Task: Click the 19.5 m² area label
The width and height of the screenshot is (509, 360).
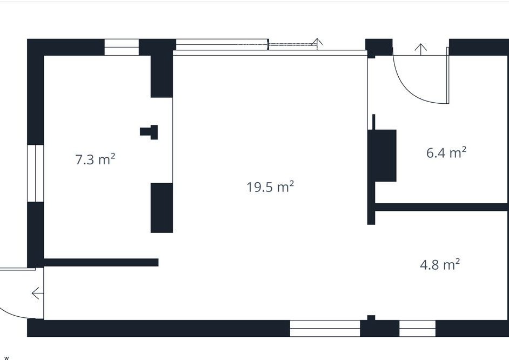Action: click(x=270, y=187)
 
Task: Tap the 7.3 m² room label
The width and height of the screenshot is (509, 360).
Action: click(x=95, y=159)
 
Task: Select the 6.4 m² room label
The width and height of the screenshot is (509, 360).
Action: click(x=446, y=152)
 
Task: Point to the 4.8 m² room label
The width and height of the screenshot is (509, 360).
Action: click(x=440, y=264)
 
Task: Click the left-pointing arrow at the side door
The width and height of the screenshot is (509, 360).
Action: click(x=37, y=293)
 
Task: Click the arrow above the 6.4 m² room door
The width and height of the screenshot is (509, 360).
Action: click(x=421, y=49)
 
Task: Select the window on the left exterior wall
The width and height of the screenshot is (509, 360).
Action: click(x=35, y=173)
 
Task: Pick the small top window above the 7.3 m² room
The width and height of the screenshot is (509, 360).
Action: click(x=122, y=47)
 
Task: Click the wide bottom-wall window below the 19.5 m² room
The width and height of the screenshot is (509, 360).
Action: click(x=325, y=328)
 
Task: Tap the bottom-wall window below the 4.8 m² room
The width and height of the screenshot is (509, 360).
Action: click(x=417, y=328)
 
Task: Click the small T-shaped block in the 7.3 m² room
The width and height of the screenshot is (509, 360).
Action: click(x=149, y=132)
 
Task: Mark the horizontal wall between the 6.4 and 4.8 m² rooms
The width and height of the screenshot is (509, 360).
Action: click(x=442, y=207)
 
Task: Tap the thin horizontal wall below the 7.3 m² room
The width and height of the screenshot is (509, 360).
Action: click(x=101, y=262)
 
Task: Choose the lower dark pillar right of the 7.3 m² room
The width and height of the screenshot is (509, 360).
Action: click(x=162, y=208)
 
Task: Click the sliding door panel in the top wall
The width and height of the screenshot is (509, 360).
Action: click(x=223, y=44)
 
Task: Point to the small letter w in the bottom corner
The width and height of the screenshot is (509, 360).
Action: click(x=6, y=358)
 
